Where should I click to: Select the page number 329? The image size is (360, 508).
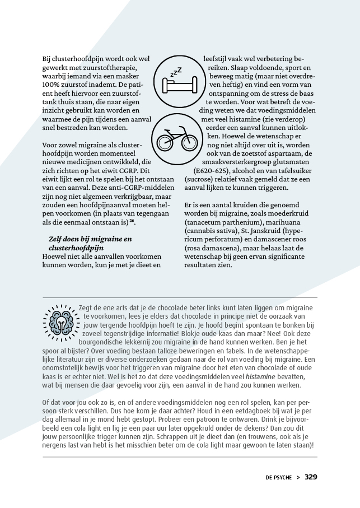tap(311, 477)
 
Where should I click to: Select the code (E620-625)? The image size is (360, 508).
tap(212, 170)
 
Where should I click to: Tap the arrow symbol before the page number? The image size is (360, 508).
tap(298, 478)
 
